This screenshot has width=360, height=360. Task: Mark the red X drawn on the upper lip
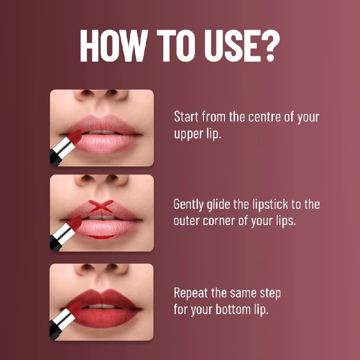click(x=101, y=207)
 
